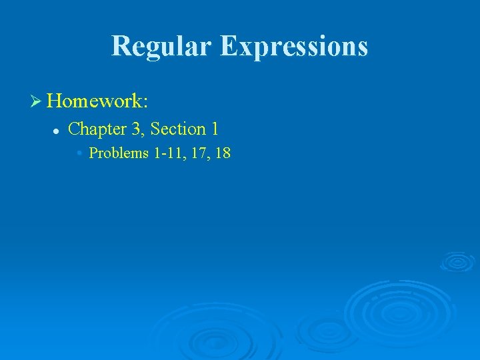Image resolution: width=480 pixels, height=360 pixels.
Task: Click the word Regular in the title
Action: tap(161, 46)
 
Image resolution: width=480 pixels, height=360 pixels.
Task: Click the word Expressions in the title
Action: tap(294, 46)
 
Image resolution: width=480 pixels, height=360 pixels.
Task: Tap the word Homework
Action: tap(94, 101)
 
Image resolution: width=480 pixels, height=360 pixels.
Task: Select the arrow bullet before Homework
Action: tap(36, 101)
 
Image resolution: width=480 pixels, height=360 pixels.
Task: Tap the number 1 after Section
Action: tap(215, 129)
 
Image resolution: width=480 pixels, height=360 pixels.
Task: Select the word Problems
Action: tap(119, 153)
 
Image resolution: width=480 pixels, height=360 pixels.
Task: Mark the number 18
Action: tap(222, 153)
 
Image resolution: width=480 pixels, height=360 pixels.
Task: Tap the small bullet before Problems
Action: tap(79, 153)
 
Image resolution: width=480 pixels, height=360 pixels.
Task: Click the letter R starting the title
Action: tap(121, 46)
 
